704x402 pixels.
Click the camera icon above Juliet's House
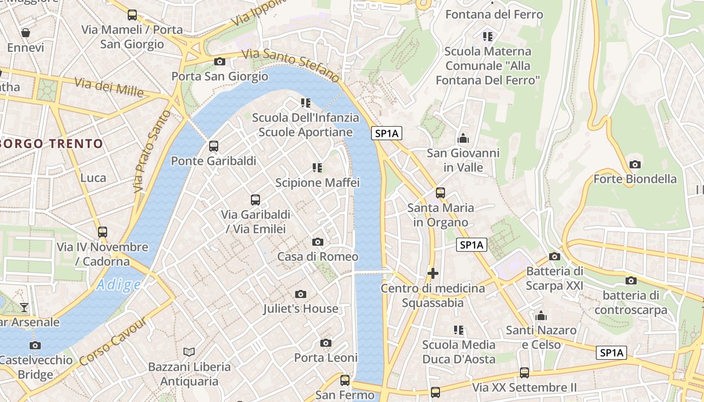(x=301, y=294)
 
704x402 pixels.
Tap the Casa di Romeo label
(x=318, y=257)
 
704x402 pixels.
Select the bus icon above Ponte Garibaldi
(x=214, y=146)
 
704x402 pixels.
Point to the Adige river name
(x=119, y=285)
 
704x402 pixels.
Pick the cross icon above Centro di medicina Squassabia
(x=432, y=273)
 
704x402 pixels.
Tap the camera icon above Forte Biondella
(x=635, y=164)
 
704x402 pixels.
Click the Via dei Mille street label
(x=109, y=88)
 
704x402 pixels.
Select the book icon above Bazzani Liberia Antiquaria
(x=189, y=352)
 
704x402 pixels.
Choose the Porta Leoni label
(x=326, y=358)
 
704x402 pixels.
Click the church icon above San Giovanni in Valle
(x=463, y=138)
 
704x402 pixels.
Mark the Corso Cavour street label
(x=113, y=341)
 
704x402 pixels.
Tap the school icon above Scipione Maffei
(x=317, y=167)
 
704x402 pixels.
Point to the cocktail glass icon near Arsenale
(x=24, y=307)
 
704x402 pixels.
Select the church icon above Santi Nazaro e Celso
(x=541, y=316)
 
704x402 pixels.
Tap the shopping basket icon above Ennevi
(x=25, y=33)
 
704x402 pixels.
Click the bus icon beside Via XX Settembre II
(x=524, y=373)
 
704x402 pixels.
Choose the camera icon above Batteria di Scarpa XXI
(x=554, y=256)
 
